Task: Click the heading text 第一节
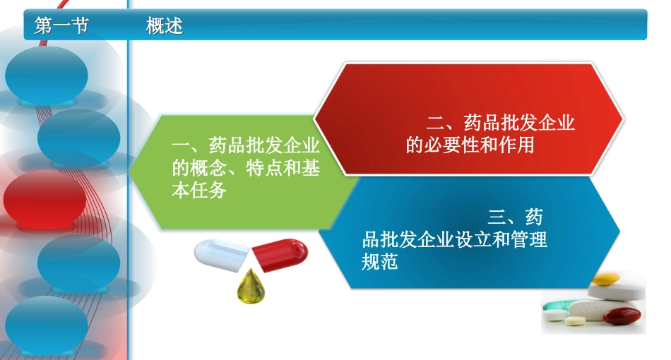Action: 61,27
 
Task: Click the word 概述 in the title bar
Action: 165,27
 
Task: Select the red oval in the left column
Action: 44,199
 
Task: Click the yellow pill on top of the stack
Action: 605,280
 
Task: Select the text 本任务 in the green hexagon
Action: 198,191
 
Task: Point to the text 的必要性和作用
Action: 470,146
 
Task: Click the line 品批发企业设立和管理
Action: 454,239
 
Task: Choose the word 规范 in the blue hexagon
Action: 380,262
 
